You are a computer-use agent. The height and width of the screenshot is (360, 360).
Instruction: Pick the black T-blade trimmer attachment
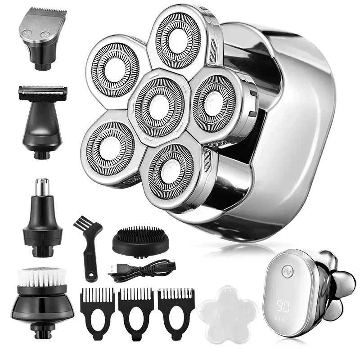tap(43, 117)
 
